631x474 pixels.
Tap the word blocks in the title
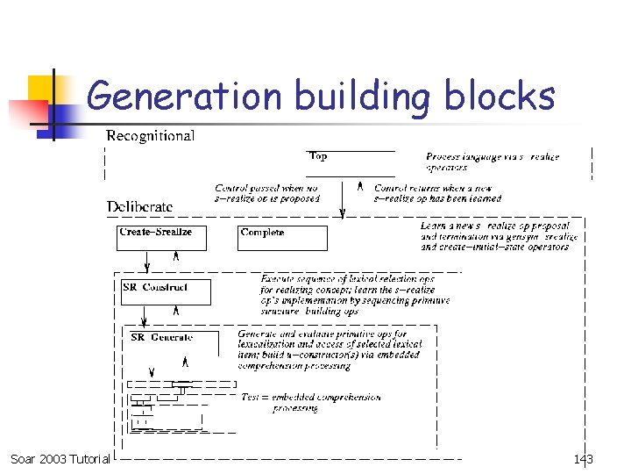500,96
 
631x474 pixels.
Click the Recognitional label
150,136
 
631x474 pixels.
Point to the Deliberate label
140,207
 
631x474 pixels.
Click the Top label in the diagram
318,156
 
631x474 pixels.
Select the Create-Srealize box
161,237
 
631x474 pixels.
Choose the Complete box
282,237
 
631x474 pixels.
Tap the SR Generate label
161,337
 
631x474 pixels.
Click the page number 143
584,459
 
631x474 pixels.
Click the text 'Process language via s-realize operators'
493,162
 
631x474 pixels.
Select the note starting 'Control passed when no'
267,194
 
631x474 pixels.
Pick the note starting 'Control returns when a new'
437,194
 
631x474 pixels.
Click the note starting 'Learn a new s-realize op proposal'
500,236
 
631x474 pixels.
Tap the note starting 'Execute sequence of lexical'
355,295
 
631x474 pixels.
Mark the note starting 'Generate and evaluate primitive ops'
329,349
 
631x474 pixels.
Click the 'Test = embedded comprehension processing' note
311,402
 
